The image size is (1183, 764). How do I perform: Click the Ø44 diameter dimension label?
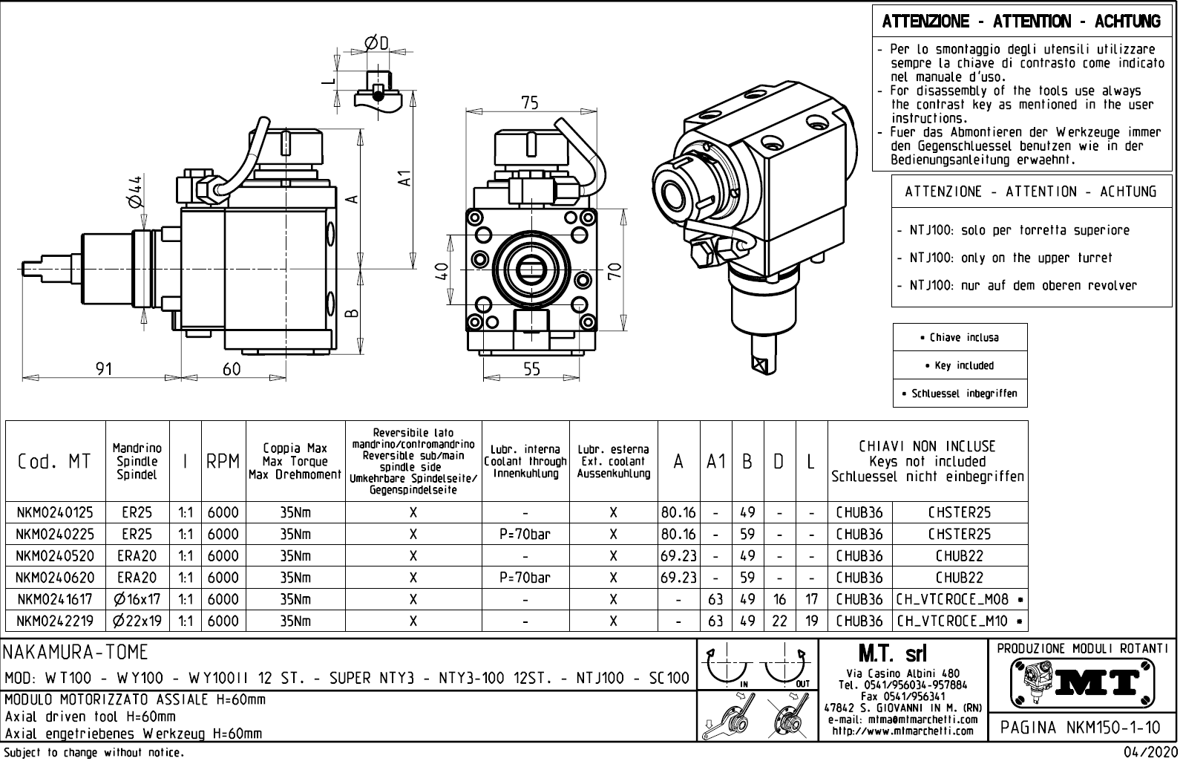pyautogui.click(x=134, y=192)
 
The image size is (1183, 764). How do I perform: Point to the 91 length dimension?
pyautogui.click(x=105, y=368)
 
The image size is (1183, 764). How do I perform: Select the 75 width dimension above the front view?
pyautogui.click(x=529, y=102)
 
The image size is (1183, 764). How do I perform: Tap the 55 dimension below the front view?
pyautogui.click(x=531, y=368)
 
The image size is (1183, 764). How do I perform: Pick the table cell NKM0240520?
pyautogui.click(x=55, y=555)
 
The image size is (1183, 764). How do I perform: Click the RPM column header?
pyautogui.click(x=223, y=461)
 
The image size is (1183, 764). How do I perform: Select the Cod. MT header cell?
pyautogui.click(x=55, y=461)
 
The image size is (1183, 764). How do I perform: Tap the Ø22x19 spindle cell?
pyautogui.click(x=137, y=621)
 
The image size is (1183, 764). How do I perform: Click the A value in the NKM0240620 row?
pyautogui.click(x=678, y=577)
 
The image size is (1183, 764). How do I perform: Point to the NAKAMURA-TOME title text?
pyautogui.click(x=76, y=653)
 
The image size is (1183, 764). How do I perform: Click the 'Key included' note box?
pyautogui.click(x=960, y=365)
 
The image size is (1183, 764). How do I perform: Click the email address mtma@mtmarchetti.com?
pyautogui.click(x=901, y=719)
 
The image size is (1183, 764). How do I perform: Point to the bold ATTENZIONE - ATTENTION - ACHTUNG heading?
pyautogui.click(x=1021, y=21)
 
